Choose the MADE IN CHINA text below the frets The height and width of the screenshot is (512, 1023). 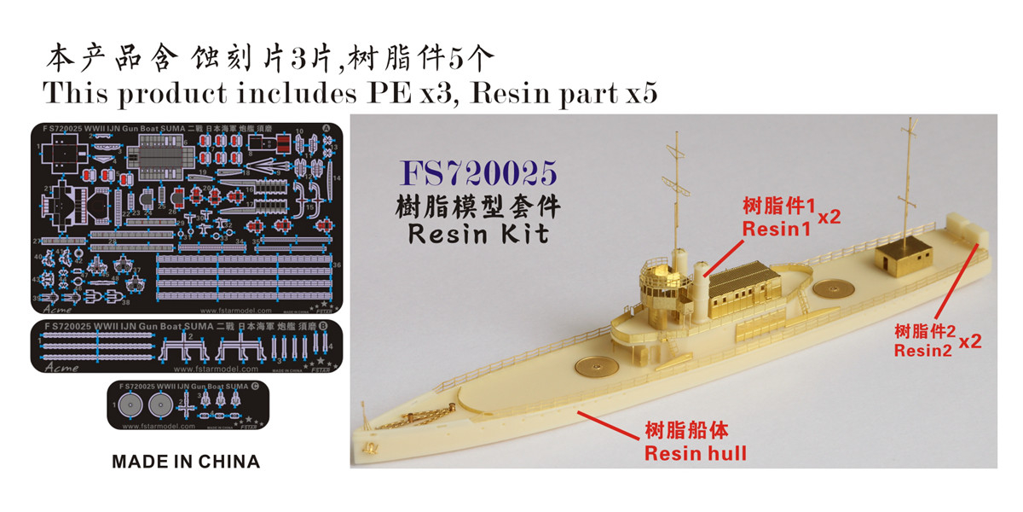186,462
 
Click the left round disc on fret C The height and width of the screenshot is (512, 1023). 131,404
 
